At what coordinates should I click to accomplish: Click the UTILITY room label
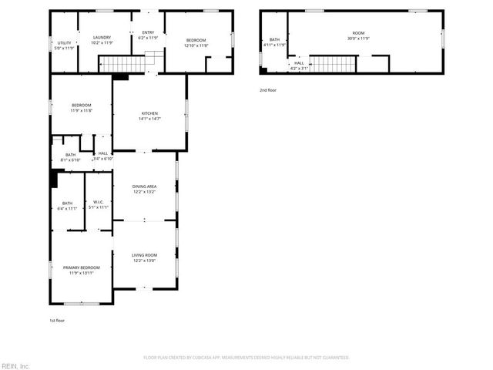[x=65, y=43]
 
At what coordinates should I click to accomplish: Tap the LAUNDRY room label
[x=102, y=37]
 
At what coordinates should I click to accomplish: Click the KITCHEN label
[x=149, y=113]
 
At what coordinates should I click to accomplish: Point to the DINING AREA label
[x=145, y=187]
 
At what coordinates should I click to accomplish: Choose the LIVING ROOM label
[x=145, y=255]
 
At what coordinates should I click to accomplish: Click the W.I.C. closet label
[x=98, y=203]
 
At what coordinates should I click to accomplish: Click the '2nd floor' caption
[x=267, y=90]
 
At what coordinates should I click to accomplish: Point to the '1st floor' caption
[x=57, y=320]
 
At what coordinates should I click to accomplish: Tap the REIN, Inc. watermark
[x=15, y=365]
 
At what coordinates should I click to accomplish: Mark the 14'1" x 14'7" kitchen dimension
[x=149, y=119]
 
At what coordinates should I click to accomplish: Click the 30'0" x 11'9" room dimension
[x=358, y=39]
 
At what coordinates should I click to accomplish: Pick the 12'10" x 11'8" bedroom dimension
[x=196, y=45]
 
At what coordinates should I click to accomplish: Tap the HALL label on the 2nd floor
[x=299, y=63]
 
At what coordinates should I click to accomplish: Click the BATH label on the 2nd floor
[x=273, y=39]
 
